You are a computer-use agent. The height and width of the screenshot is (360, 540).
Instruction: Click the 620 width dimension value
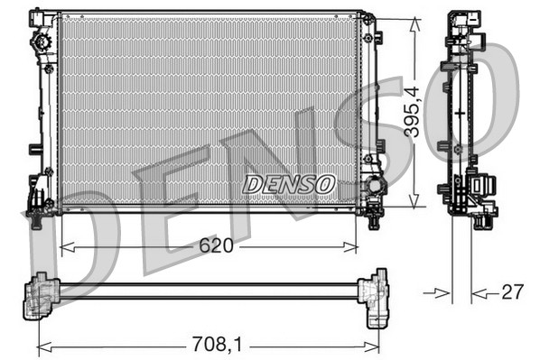tap(217, 245)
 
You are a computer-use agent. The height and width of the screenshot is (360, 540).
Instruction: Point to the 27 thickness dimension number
tap(511, 291)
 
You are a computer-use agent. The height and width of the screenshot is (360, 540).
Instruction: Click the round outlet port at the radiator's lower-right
tap(371, 189)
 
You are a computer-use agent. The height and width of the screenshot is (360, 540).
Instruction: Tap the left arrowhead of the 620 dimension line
tap(63, 245)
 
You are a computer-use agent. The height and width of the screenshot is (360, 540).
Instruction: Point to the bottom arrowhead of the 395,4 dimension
tap(414, 205)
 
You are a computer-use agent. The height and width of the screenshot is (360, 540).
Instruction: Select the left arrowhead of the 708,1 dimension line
tap(42, 344)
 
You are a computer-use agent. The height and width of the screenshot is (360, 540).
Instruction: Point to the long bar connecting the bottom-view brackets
tap(208, 290)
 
